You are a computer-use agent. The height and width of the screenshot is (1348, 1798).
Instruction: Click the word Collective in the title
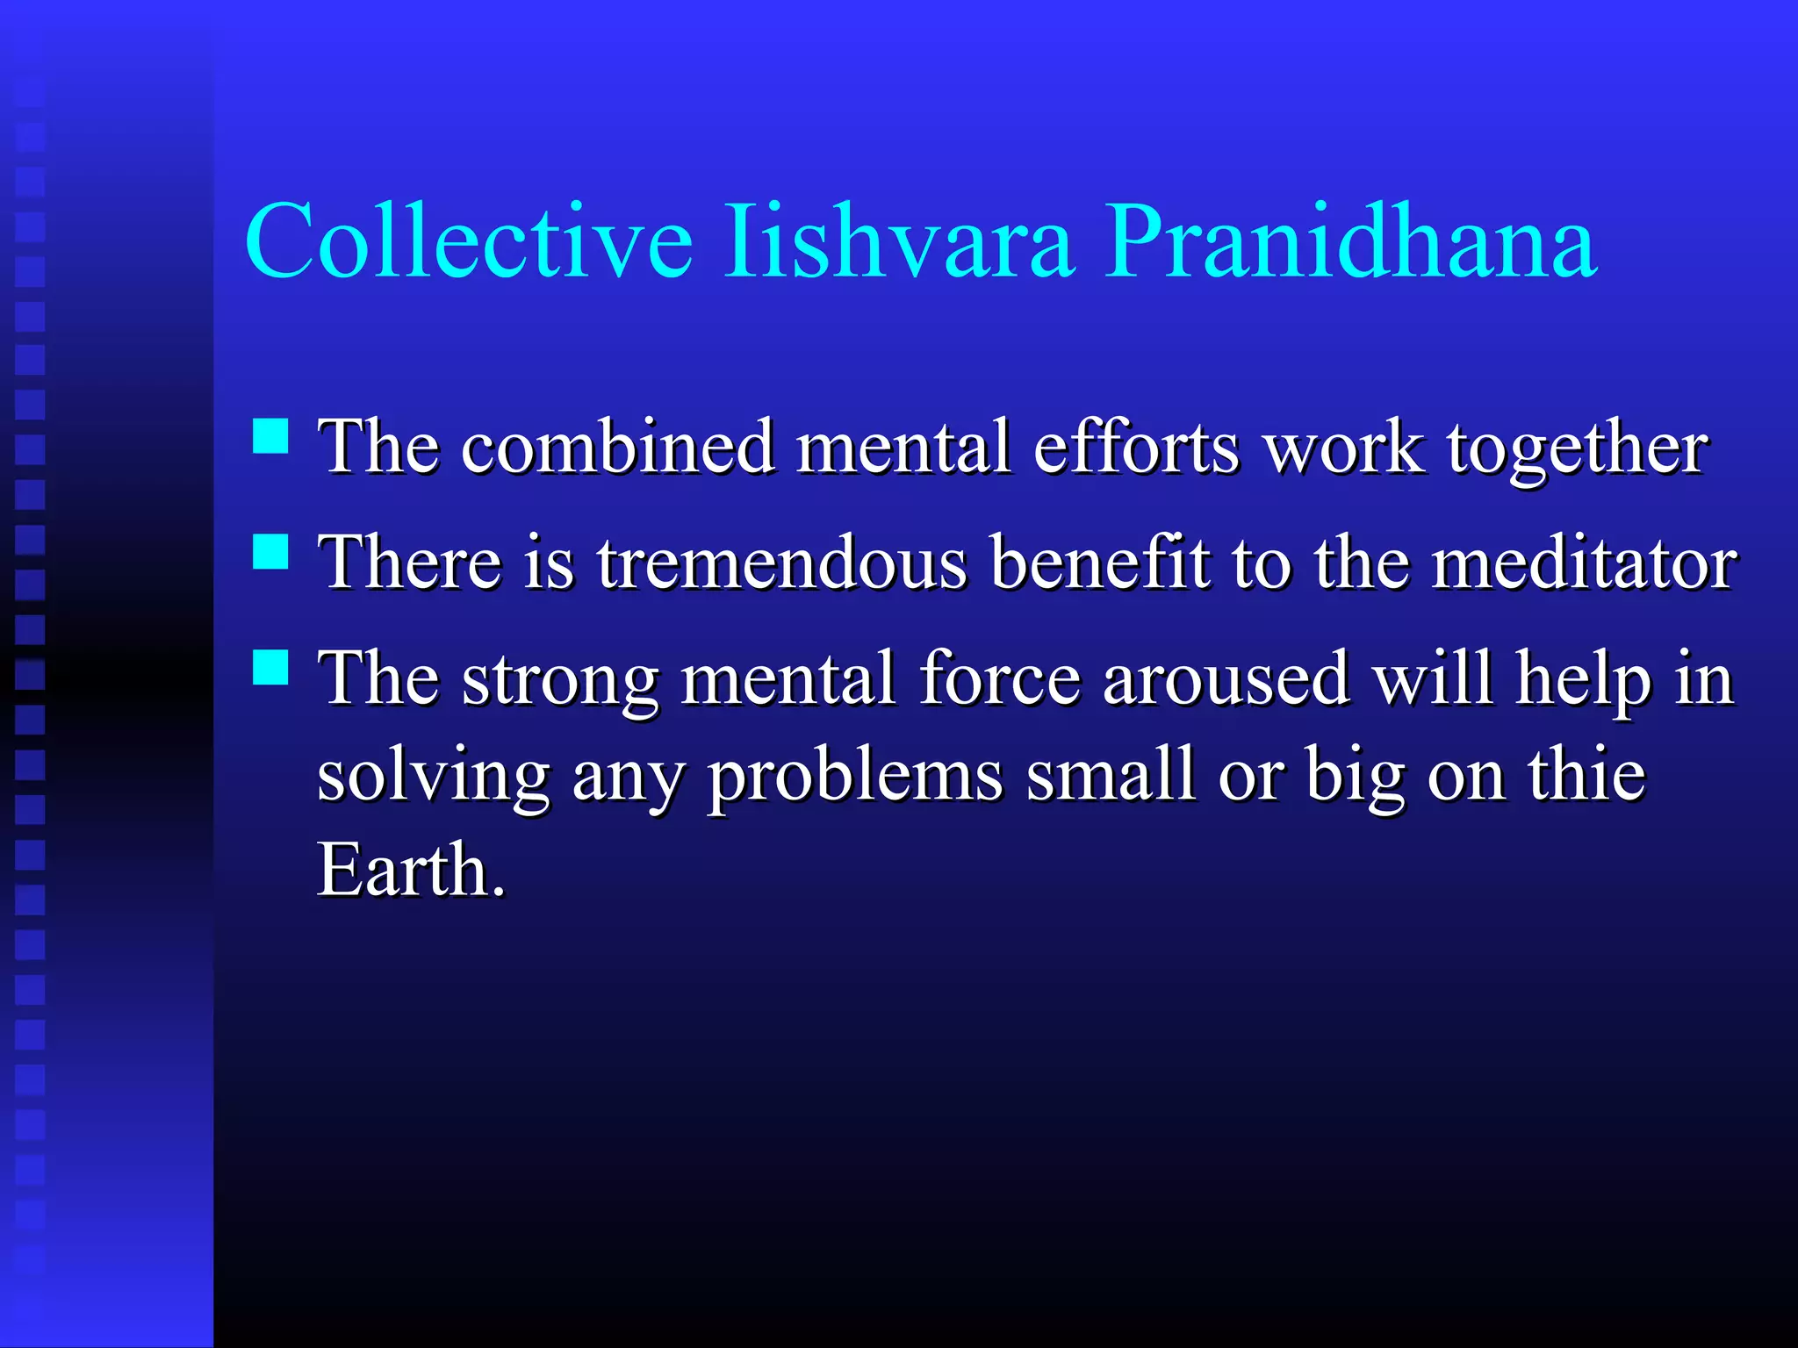468,240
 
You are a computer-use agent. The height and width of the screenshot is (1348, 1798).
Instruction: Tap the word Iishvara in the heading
898,240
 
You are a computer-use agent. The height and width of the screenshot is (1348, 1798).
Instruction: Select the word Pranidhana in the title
1349,240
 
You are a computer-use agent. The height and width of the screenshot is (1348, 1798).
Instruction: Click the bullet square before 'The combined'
270,435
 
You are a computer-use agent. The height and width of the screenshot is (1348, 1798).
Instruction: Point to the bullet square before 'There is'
270,552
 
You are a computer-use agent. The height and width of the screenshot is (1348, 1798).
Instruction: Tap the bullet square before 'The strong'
270,667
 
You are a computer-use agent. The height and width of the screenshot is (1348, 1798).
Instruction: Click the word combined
618,447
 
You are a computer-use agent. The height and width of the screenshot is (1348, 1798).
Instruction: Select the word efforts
1137,447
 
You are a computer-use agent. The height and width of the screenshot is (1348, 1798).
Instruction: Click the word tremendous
782,563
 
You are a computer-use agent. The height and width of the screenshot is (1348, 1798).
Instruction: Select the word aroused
1226,679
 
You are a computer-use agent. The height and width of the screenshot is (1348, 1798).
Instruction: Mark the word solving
433,778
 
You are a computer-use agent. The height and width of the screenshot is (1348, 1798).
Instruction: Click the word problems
856,778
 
